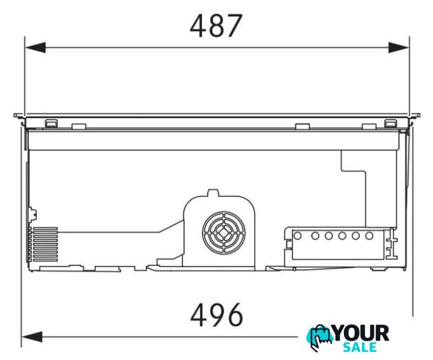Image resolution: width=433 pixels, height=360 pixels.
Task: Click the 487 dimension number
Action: point(216,26)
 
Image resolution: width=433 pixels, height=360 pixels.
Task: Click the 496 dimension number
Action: point(216,315)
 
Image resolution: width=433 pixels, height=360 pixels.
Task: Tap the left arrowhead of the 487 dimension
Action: point(35,48)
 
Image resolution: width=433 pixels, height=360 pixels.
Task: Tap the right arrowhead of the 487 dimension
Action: point(398,48)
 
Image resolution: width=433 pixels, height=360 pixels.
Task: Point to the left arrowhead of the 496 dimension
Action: point(32,337)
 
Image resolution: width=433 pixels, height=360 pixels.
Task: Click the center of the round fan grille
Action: point(223,233)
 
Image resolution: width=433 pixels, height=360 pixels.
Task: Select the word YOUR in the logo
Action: point(361,334)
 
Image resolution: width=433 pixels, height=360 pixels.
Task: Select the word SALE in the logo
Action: point(360,347)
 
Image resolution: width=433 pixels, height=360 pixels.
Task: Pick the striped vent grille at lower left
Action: point(43,245)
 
